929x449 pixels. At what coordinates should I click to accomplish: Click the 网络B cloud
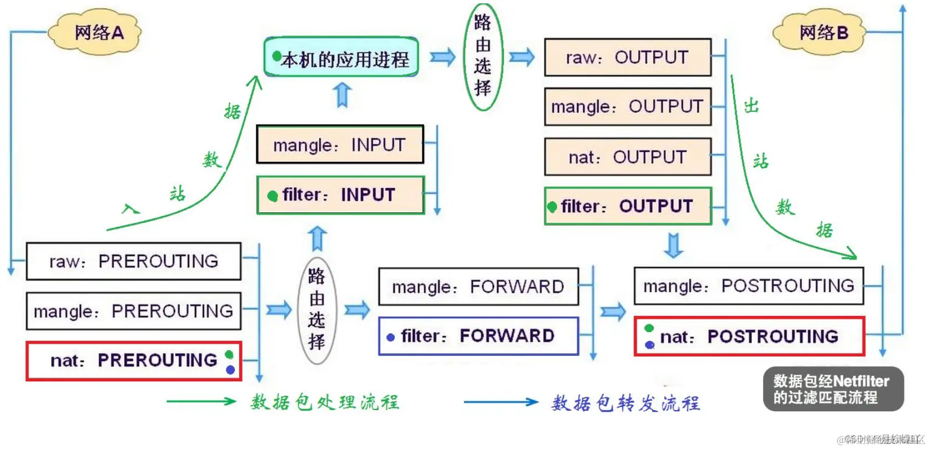pos(820,33)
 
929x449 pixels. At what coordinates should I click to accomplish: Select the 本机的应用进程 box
pos(341,57)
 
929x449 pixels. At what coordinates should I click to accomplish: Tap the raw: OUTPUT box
pos(627,57)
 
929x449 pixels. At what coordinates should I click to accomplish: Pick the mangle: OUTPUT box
pos(627,106)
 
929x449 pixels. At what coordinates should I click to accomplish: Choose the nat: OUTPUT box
pos(627,157)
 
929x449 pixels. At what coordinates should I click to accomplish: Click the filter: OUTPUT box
pos(627,206)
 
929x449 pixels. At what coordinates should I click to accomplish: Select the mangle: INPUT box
pos(340,145)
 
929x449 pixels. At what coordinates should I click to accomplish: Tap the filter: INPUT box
pos(340,195)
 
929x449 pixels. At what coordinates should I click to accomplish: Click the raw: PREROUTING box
pos(133,261)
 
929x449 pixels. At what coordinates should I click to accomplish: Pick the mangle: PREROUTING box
pos(133,311)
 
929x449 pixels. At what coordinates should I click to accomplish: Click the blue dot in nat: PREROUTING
pos(230,370)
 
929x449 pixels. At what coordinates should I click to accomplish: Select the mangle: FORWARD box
pos(478,287)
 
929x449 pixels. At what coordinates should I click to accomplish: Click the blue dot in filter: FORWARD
pos(391,337)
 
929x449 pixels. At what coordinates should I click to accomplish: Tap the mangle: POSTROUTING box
pos(748,286)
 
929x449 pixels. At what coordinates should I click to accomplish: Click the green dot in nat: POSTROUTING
pos(649,328)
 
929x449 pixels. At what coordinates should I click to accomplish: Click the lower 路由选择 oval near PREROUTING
pos(316,309)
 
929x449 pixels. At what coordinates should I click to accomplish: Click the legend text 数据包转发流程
pos(625,403)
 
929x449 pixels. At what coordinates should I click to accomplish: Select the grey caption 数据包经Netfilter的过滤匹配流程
pos(832,389)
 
